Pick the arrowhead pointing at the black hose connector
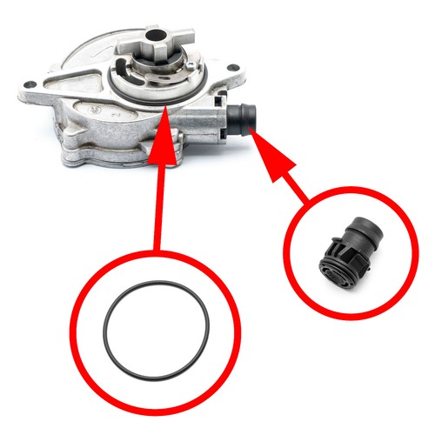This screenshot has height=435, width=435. click(262, 140)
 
